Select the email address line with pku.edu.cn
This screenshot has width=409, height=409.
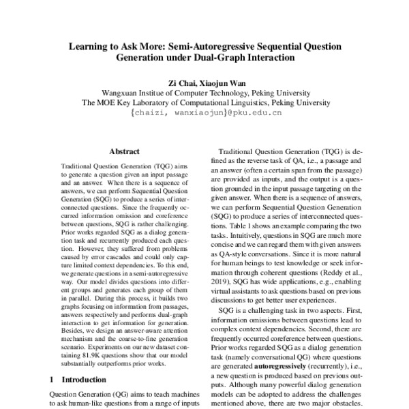[205, 114]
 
